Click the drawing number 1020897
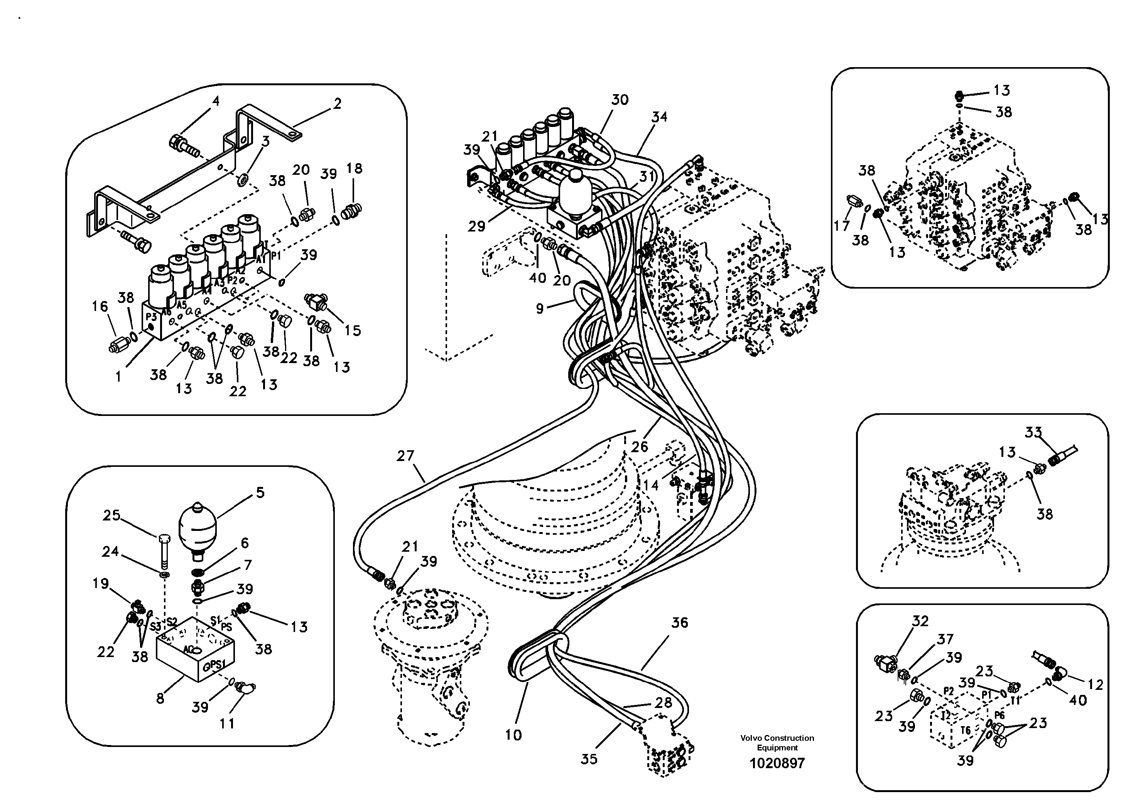point(777,763)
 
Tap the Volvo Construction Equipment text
point(777,742)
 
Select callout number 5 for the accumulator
point(260,492)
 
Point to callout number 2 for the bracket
point(338,104)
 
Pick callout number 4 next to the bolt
point(216,101)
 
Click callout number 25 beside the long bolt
point(111,515)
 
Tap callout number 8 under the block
point(160,698)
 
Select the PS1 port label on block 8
point(218,664)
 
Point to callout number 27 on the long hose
point(405,456)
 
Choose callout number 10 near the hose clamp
point(513,735)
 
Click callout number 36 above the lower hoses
point(679,622)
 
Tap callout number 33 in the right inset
point(1033,432)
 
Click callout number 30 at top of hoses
point(620,100)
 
